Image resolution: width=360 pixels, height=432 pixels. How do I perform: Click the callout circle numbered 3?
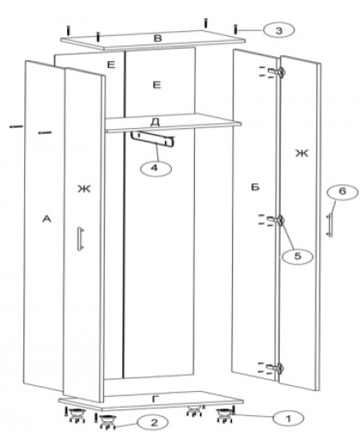[279, 30]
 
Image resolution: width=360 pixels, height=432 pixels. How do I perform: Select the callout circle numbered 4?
[155, 168]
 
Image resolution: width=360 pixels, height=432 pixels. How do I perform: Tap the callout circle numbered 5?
[297, 255]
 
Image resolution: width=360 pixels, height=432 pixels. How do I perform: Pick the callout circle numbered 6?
[342, 192]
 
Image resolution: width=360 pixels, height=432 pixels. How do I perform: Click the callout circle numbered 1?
[288, 418]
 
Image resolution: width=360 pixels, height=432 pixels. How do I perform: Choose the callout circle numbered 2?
[154, 423]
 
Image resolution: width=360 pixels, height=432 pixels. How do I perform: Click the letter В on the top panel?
[157, 38]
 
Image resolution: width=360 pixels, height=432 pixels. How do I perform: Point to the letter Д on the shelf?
[155, 122]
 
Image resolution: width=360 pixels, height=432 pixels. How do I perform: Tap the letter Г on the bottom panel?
[156, 399]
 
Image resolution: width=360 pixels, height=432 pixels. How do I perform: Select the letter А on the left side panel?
[47, 219]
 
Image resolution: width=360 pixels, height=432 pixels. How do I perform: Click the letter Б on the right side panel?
[255, 188]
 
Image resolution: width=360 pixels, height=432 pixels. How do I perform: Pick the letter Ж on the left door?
[84, 189]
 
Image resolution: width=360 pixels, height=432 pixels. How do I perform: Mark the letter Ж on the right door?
[302, 153]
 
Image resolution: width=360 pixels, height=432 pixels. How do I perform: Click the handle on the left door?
[80, 239]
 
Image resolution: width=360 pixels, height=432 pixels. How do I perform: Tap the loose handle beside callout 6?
[330, 225]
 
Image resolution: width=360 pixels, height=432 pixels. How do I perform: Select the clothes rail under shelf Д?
[152, 139]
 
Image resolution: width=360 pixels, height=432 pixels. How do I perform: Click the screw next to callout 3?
[236, 29]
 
